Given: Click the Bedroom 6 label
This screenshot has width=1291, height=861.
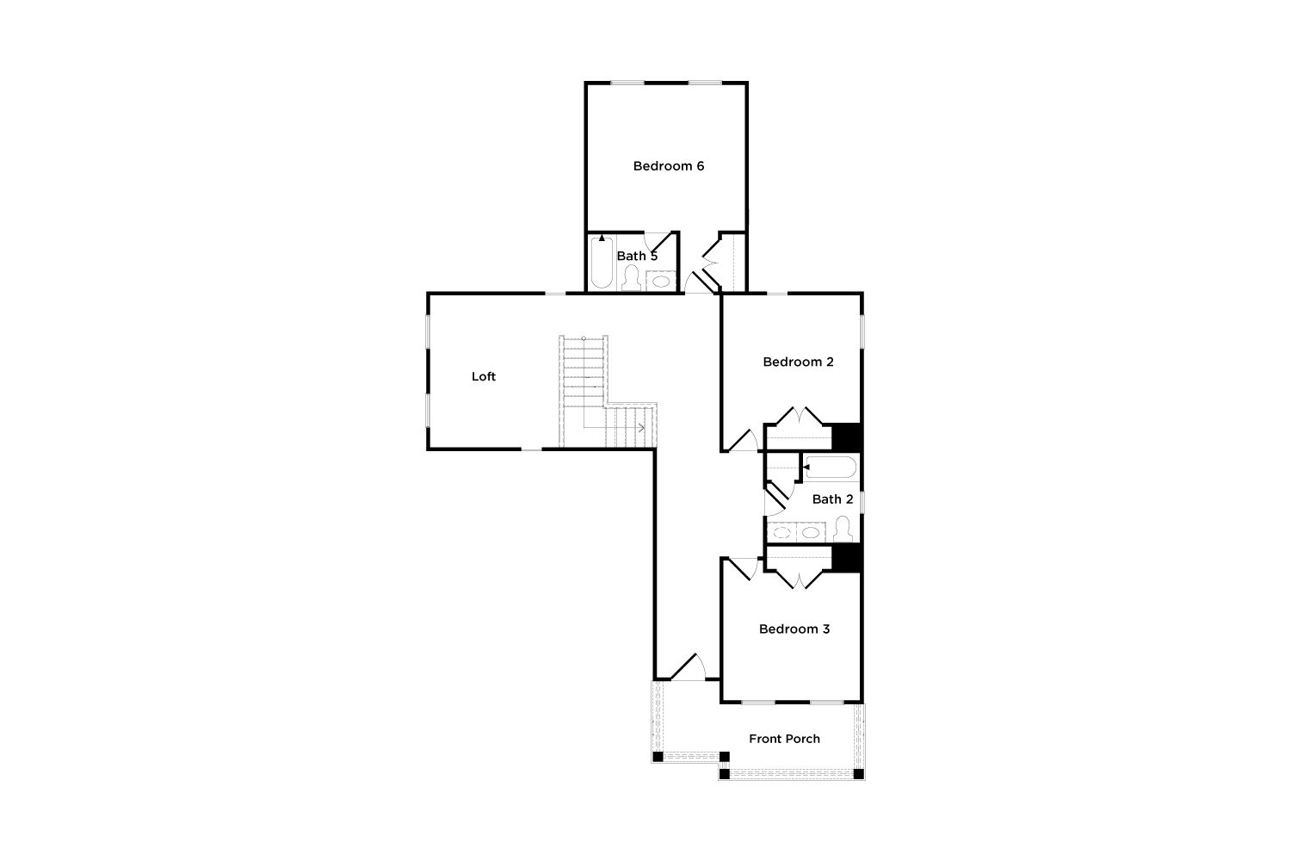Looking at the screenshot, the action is (x=669, y=166).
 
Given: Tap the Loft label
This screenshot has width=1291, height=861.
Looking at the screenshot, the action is (x=484, y=376).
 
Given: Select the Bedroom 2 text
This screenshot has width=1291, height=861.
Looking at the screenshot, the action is (x=798, y=362).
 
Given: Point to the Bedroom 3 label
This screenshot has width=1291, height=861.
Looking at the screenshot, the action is (x=794, y=629).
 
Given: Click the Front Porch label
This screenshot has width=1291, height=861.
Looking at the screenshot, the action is (x=784, y=739).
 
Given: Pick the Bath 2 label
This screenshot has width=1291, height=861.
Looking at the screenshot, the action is (x=832, y=499).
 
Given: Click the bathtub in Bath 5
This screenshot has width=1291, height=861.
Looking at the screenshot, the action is (x=602, y=263).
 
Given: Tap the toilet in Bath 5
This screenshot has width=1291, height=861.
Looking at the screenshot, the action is (x=632, y=278).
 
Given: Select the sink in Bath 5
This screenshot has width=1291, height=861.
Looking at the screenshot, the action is (x=660, y=282).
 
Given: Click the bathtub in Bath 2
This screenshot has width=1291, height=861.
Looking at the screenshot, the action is (x=831, y=468).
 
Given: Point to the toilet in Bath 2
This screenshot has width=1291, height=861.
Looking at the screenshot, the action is (x=843, y=529).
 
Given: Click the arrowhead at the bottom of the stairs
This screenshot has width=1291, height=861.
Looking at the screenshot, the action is (x=641, y=427).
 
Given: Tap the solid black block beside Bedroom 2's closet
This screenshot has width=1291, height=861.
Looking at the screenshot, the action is (x=847, y=437).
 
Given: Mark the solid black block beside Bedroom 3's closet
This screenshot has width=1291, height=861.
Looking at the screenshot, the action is (x=847, y=558).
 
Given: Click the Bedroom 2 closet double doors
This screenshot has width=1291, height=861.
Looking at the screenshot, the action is (x=798, y=416).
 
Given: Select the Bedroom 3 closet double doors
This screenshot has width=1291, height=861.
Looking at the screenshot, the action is (x=798, y=579).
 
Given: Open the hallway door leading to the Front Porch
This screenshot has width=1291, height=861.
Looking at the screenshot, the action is (x=688, y=666).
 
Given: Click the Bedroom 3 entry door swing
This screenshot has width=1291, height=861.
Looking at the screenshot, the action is (x=744, y=568).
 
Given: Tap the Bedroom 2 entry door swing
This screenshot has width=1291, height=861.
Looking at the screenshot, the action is (x=744, y=440).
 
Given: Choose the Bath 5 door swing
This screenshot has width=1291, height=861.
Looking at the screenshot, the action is (x=658, y=240).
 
